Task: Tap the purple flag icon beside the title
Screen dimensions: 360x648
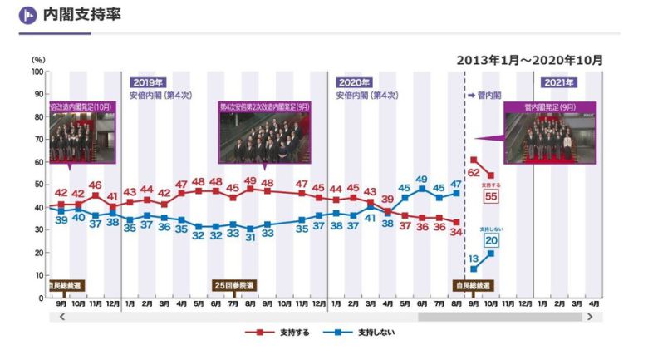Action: coord(28,15)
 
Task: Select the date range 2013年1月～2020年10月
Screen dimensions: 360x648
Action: coord(529,60)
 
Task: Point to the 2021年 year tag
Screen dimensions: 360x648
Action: coord(558,82)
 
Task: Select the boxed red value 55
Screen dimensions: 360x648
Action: coord(490,196)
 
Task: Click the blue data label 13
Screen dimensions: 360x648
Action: coord(474,259)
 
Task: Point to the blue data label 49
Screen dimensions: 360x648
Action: coord(421,180)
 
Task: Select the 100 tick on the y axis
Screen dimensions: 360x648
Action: coord(37,72)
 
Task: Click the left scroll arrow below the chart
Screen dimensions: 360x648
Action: coord(61,318)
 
